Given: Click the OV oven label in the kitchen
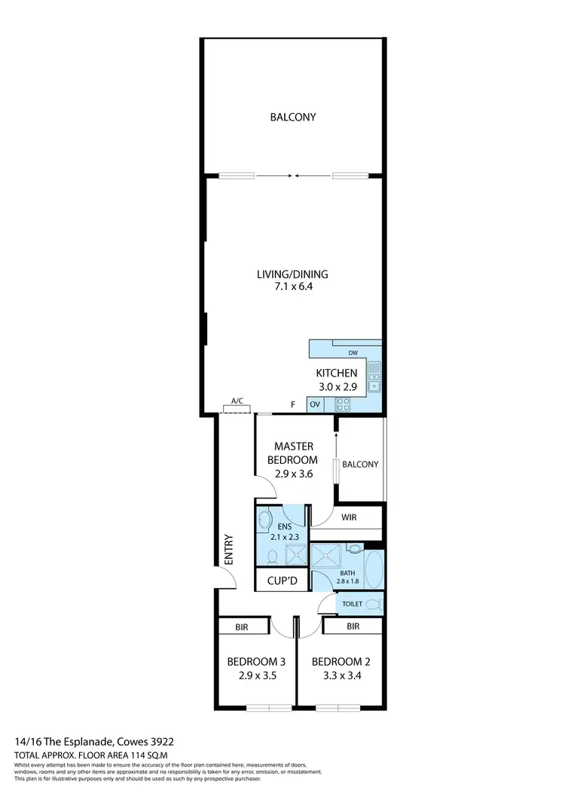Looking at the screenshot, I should pyautogui.click(x=315, y=404).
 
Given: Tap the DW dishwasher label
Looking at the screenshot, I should pyautogui.click(x=353, y=352).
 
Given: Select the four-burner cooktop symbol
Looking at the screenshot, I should pyautogui.click(x=342, y=404).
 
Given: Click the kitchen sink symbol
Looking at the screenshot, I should pyautogui.click(x=374, y=376).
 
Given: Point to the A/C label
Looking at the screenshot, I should pyautogui.click(x=237, y=401).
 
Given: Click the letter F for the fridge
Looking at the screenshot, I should pyautogui.click(x=294, y=404).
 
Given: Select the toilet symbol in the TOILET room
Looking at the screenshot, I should pyautogui.click(x=374, y=604).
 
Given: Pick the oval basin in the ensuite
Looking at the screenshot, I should pyautogui.click(x=264, y=520).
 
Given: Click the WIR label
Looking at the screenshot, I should pyautogui.click(x=350, y=518).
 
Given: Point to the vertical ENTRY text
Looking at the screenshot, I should pyautogui.click(x=228, y=550).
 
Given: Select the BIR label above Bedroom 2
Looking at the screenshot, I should pyautogui.click(x=353, y=626).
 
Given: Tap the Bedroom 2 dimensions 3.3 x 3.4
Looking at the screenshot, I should pyautogui.click(x=341, y=675).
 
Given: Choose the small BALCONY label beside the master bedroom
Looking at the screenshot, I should pyautogui.click(x=360, y=465).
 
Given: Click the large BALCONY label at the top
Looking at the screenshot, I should pyautogui.click(x=292, y=117).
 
